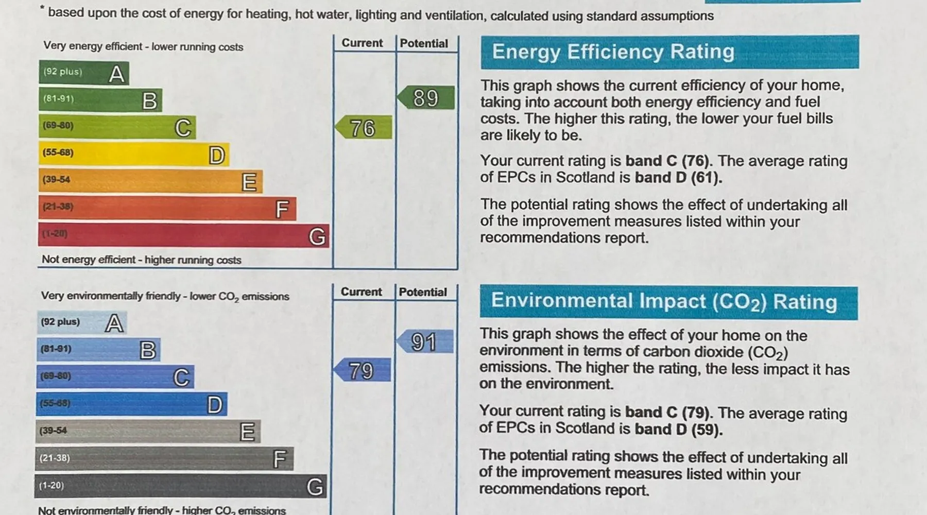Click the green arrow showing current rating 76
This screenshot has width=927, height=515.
[x=363, y=128]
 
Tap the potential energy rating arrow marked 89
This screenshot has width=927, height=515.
[x=426, y=98]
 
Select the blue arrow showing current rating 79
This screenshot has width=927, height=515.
[x=362, y=370]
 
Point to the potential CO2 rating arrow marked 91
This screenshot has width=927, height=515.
[x=424, y=341]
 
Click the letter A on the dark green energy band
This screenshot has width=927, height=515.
[x=117, y=74]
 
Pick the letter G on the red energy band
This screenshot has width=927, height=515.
[x=317, y=236]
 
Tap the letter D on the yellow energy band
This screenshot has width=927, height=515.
[x=217, y=155]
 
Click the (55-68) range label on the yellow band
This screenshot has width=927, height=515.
[x=58, y=152]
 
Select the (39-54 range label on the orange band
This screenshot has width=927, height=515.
[x=56, y=179]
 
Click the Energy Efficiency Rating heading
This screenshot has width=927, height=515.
[x=613, y=52]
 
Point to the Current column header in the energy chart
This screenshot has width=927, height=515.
[x=362, y=43]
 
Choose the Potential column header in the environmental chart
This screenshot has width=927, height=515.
[x=423, y=292]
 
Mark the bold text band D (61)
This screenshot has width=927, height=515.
[x=678, y=178]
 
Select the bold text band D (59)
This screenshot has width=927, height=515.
[x=678, y=429]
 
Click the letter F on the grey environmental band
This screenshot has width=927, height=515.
[x=280, y=459]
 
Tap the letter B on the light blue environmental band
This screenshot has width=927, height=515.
[x=148, y=350]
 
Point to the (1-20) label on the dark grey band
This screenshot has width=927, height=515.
[x=51, y=485]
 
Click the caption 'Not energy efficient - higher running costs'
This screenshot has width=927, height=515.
[x=141, y=260]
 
